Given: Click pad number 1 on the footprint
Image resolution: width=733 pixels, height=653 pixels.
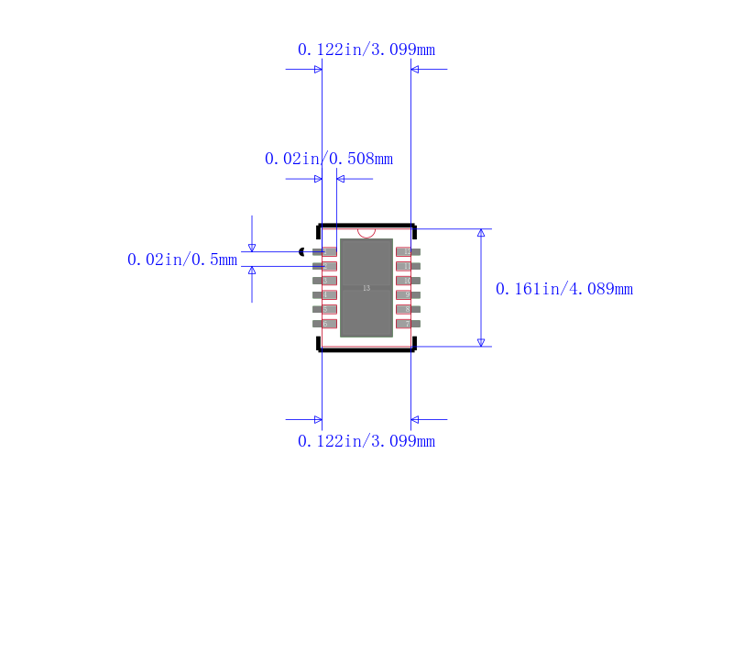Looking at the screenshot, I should click(x=325, y=251).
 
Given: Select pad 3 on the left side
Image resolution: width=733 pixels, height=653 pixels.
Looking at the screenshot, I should click(x=325, y=281).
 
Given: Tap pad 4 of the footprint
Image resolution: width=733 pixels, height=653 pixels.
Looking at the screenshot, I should click(x=325, y=294).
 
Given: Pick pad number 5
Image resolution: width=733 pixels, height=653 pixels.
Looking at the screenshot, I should click(x=325, y=309).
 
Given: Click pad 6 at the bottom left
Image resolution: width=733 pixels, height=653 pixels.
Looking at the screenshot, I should click(x=325, y=324).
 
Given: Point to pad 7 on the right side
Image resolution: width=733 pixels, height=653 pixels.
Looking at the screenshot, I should click(x=407, y=324).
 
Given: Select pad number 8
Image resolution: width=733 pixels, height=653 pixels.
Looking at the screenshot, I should click(x=407, y=309).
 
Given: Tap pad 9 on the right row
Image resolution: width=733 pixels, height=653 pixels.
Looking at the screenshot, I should click(x=407, y=294).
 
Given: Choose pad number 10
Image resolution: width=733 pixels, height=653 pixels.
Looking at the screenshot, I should click(x=407, y=281).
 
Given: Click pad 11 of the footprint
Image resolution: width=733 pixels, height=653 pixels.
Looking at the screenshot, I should click(x=407, y=266).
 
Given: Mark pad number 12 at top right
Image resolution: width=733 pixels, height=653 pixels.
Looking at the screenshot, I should click(x=407, y=251).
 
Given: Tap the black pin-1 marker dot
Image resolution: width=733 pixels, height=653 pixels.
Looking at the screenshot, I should click(x=301, y=251).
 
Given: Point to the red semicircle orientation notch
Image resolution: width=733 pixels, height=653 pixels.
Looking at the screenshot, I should click(x=366, y=233).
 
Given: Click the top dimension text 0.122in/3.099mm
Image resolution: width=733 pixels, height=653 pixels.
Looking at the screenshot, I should click(x=366, y=50).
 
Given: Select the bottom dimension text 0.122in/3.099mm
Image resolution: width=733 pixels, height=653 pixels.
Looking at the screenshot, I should click(x=366, y=441).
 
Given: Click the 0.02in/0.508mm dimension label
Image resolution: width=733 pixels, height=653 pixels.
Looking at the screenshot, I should click(x=329, y=159).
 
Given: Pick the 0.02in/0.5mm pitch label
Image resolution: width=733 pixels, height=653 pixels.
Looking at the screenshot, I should click(x=182, y=260).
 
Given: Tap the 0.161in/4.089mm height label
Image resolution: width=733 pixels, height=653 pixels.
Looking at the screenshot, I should click(x=564, y=289).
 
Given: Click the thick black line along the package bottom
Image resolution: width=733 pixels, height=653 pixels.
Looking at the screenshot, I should click(x=366, y=350).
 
